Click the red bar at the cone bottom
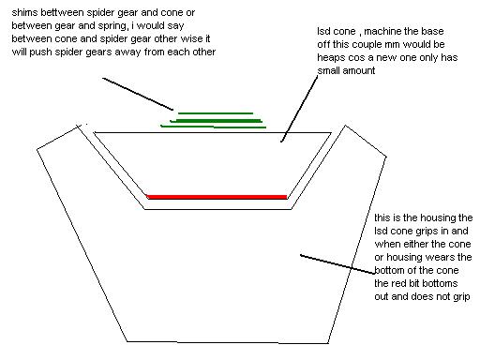[217, 197]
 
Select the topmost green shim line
[216, 113]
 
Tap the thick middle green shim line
[217, 121]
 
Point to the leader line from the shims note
[138, 94]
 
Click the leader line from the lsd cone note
[299, 109]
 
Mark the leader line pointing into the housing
[337, 264]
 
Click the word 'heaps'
[328, 58]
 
